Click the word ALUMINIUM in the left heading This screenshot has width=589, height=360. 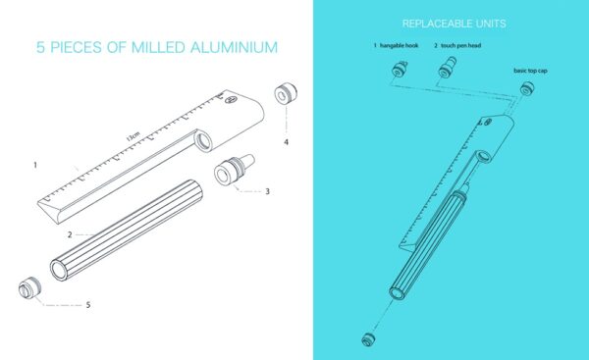(x=234, y=47)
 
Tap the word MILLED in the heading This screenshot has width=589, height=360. (x=158, y=47)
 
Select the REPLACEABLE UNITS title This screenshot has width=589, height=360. (x=454, y=24)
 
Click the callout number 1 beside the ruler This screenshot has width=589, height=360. (x=35, y=165)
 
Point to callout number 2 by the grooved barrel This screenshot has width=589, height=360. (x=70, y=235)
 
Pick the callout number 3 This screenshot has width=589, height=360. (x=267, y=191)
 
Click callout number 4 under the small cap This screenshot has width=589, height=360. (x=287, y=142)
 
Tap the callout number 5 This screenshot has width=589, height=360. (x=88, y=305)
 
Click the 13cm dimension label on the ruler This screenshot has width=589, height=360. (x=133, y=136)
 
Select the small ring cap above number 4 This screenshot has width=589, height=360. (x=286, y=94)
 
